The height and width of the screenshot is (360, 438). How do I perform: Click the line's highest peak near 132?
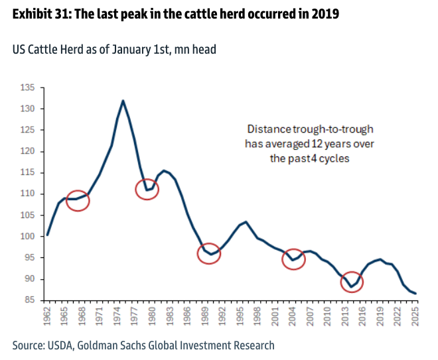[x=123, y=101]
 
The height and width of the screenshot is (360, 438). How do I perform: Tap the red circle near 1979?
[x=149, y=189]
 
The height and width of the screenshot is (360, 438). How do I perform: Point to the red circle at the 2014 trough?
[x=352, y=282]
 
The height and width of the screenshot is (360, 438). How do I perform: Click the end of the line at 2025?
[x=416, y=293]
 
